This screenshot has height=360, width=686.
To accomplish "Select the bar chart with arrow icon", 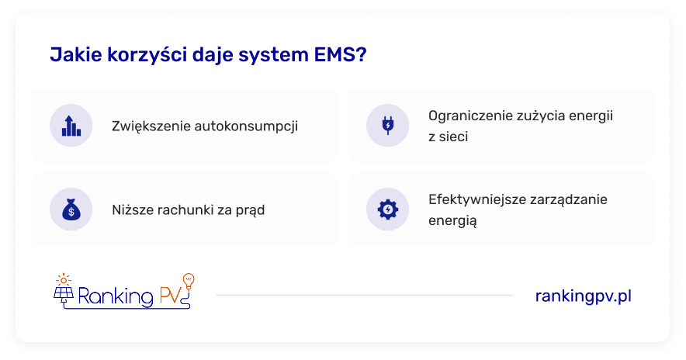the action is [71, 126].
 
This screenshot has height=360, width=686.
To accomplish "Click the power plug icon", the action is [388, 125].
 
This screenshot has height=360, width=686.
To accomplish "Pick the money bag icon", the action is [71, 209].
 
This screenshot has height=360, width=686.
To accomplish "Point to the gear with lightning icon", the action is [388, 209].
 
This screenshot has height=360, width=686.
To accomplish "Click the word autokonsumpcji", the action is [246, 126].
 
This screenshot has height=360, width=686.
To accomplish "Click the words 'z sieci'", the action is [448, 137].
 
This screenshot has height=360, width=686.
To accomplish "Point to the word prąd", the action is [250, 211].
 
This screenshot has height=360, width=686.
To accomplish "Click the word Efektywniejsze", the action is [477, 200].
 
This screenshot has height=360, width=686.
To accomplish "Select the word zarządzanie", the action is [569, 200].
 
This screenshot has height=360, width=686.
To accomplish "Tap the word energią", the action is [452, 221].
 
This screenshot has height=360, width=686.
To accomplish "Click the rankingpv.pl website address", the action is [584, 296].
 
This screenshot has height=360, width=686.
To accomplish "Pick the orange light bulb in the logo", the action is [189, 281].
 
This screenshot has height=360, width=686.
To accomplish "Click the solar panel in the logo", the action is [64, 294].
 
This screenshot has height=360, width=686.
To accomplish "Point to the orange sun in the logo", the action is [64, 280].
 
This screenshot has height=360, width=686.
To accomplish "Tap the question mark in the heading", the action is [362, 54].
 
